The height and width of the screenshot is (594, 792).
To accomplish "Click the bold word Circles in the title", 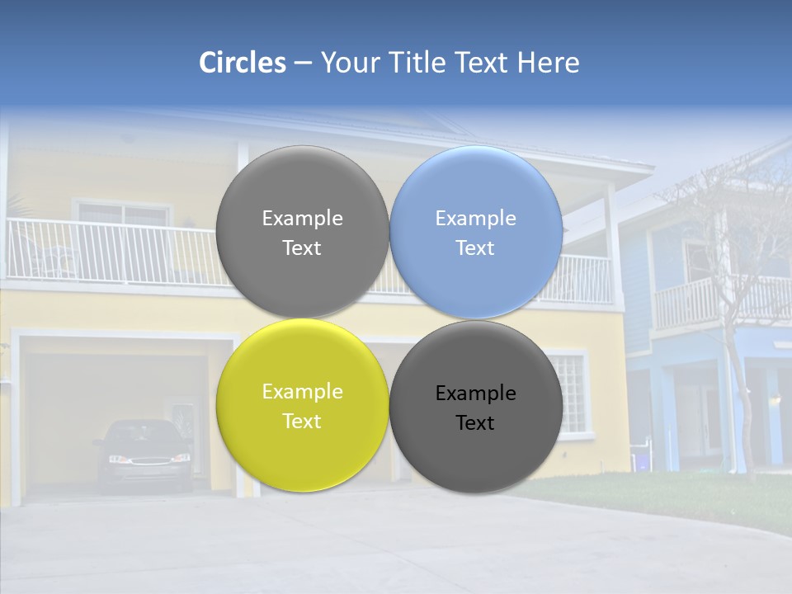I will point(243,63).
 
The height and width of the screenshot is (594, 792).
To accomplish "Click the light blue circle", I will point(476,232).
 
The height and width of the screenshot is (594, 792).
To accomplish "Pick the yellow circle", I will point(302,405).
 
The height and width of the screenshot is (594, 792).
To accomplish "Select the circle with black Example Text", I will point(476,407).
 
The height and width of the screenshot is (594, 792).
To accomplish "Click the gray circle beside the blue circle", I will point(302,232).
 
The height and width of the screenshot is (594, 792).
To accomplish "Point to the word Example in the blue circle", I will point(476,219).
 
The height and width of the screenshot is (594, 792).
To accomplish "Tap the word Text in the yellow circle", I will point(302,421).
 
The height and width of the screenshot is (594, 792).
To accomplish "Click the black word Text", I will point(475,423).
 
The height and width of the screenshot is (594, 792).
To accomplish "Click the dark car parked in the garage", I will point(143,455).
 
